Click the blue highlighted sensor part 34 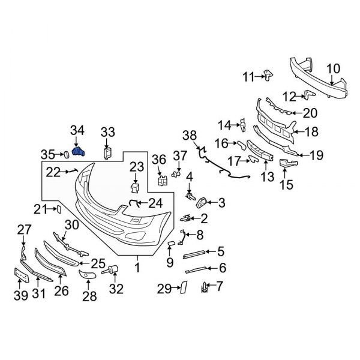click(x=79, y=152)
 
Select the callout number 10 click(x=334, y=68)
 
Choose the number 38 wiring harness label click(x=190, y=135)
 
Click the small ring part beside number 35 click(x=62, y=154)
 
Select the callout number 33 click(x=107, y=133)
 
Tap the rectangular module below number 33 click(x=107, y=152)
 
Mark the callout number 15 click(x=287, y=184)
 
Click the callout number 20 click(x=310, y=112)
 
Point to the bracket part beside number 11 click(x=268, y=74)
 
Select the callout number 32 click(x=115, y=289)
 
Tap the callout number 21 click(x=40, y=209)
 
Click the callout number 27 click(x=23, y=229)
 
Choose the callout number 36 click(x=159, y=159)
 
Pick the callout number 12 click(x=289, y=96)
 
